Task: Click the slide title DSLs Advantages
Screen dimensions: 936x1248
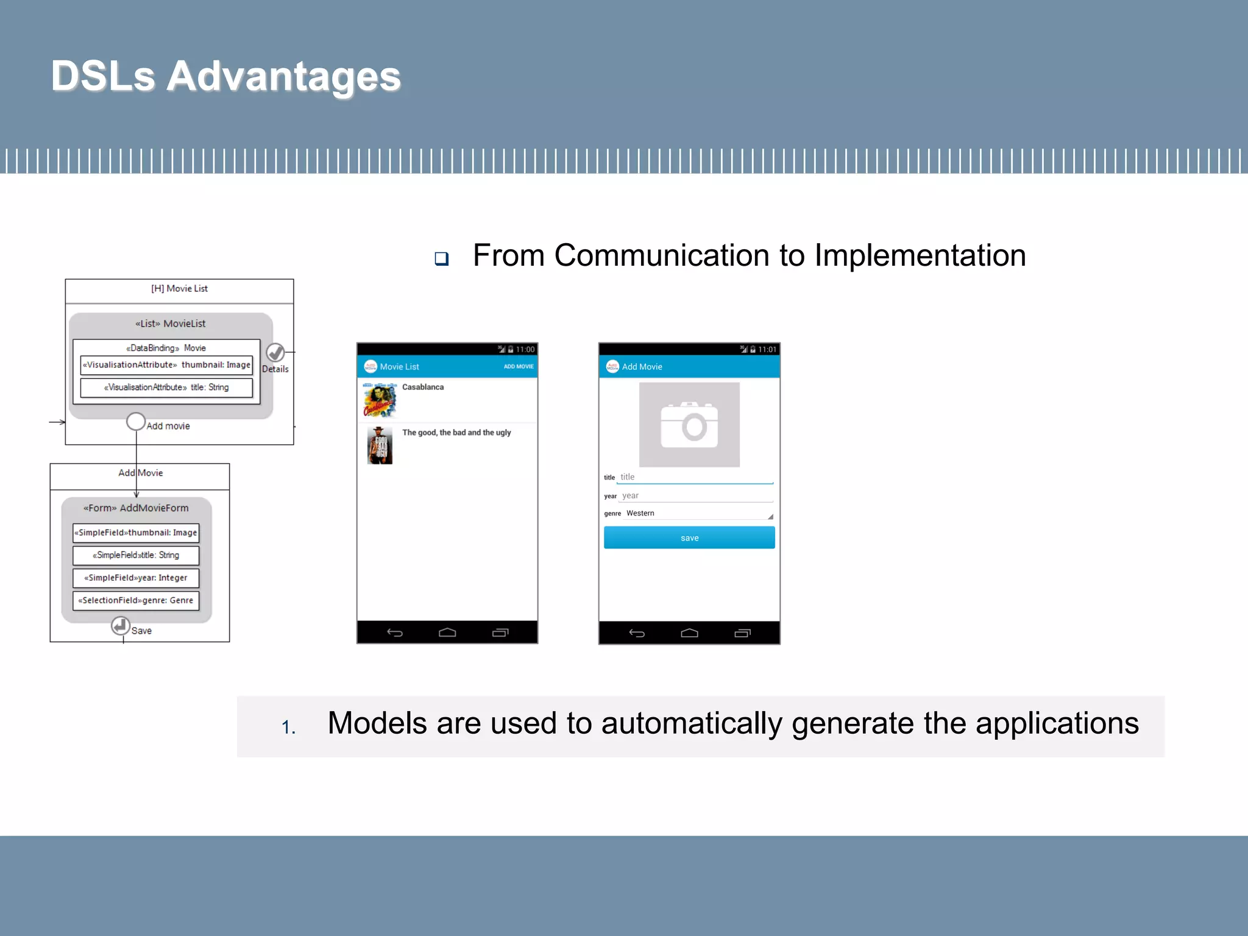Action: (x=225, y=76)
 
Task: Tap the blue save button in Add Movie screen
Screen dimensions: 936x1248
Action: (x=689, y=538)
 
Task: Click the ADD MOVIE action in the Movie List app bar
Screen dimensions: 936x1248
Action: (x=519, y=366)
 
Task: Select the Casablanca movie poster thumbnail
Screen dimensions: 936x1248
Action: (x=380, y=400)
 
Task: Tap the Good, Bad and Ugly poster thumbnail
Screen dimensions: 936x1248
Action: (x=380, y=445)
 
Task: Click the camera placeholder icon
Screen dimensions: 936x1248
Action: (x=689, y=425)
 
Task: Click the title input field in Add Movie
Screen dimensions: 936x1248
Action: (x=695, y=477)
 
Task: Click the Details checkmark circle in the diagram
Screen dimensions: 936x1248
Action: (x=275, y=352)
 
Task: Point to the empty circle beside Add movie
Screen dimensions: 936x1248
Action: (x=136, y=421)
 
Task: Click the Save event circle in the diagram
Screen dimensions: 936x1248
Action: (x=121, y=625)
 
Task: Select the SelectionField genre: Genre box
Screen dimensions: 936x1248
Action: (x=136, y=600)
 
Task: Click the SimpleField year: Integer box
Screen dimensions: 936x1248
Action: (x=136, y=578)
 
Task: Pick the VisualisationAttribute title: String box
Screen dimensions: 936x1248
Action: (x=166, y=388)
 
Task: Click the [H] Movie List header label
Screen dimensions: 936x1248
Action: (x=179, y=289)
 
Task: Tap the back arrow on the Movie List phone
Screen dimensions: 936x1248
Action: (x=395, y=633)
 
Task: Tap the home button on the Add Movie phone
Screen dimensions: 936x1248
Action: (x=689, y=633)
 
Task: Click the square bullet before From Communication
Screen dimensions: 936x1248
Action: (x=442, y=259)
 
